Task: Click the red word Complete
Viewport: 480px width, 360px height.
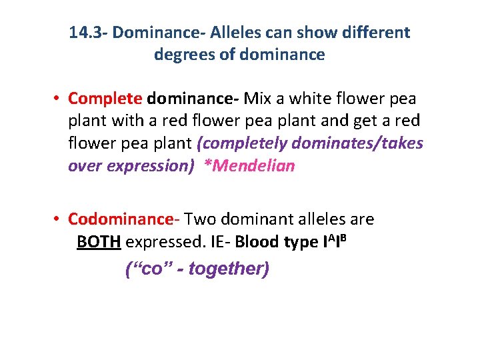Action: [105, 99]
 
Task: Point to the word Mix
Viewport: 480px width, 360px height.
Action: [255, 99]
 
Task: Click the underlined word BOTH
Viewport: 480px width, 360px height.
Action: [99, 241]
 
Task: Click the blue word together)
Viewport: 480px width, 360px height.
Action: [229, 269]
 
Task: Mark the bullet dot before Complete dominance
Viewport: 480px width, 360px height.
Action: [59, 99]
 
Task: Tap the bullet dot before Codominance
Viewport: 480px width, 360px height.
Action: [59, 219]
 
